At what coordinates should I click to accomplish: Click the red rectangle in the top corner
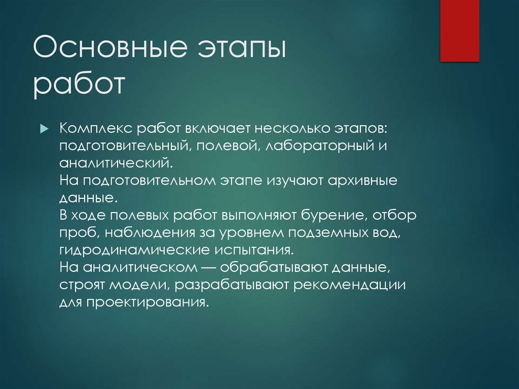pos(459,30)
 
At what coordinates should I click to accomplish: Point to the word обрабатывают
pos(275,267)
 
